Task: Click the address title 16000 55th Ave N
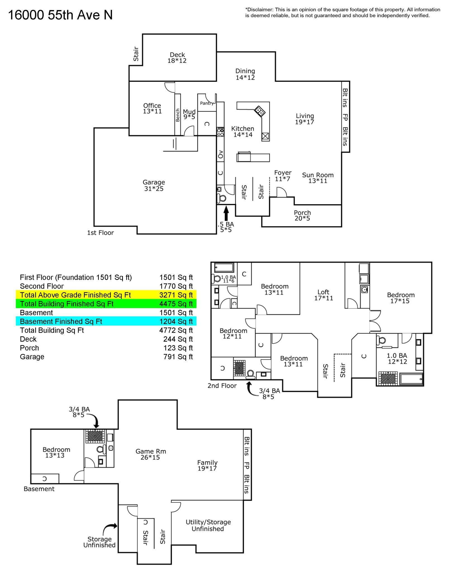tap(60, 15)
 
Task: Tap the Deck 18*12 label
tap(177, 58)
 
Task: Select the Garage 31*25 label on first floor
tap(154, 186)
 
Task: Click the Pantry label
tap(207, 103)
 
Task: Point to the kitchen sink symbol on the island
tap(260, 111)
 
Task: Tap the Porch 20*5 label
tap(302, 215)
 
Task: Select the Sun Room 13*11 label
tap(318, 178)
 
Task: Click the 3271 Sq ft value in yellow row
tap(176, 295)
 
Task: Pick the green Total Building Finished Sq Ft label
tap(67, 304)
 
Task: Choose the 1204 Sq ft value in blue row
tap(176, 321)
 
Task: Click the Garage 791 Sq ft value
tap(178, 357)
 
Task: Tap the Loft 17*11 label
tap(324, 295)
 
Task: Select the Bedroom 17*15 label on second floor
tap(401, 298)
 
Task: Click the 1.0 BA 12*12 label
tap(397, 359)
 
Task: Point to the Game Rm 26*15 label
tap(151, 454)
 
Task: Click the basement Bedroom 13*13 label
tap(56, 452)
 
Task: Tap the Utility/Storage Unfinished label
tap(208, 525)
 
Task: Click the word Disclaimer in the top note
tap(259, 10)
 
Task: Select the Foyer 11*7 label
tap(283, 176)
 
